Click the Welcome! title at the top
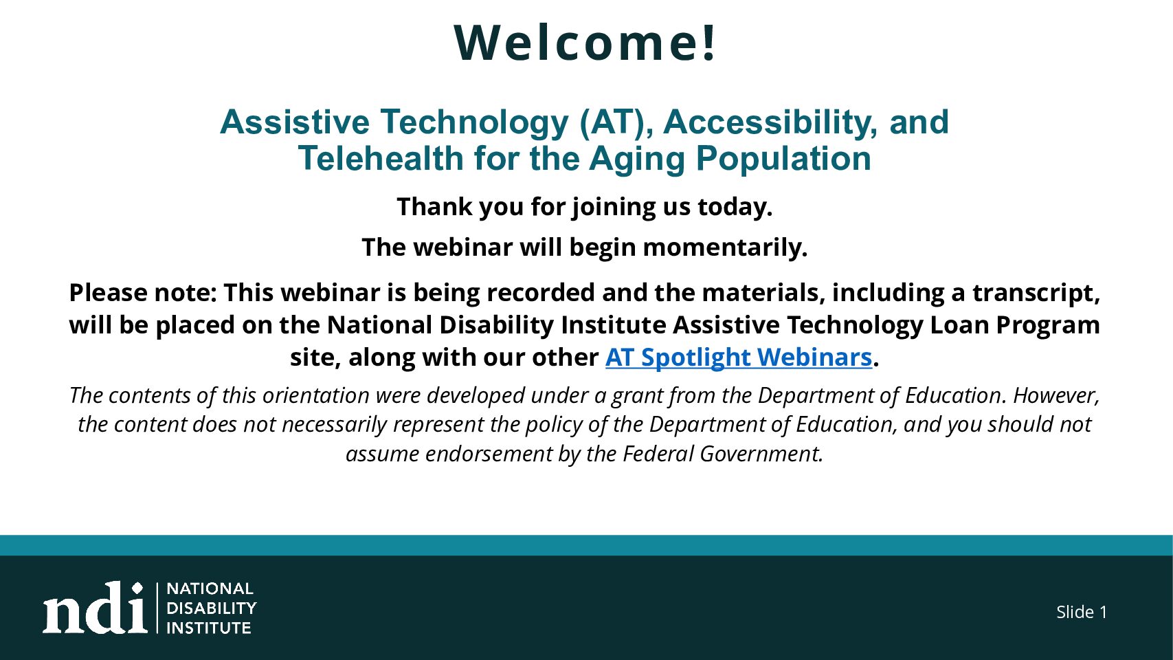[585, 43]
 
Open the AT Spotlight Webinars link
[738, 357]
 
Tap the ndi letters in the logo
[95, 608]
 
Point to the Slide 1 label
[1082, 612]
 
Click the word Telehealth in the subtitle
[381, 158]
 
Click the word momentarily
[725, 247]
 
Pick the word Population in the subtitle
[783, 158]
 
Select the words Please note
[142, 292]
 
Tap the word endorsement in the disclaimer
[489, 454]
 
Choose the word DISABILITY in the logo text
[211, 608]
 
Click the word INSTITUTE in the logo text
[208, 628]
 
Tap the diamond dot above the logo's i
[137, 588]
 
